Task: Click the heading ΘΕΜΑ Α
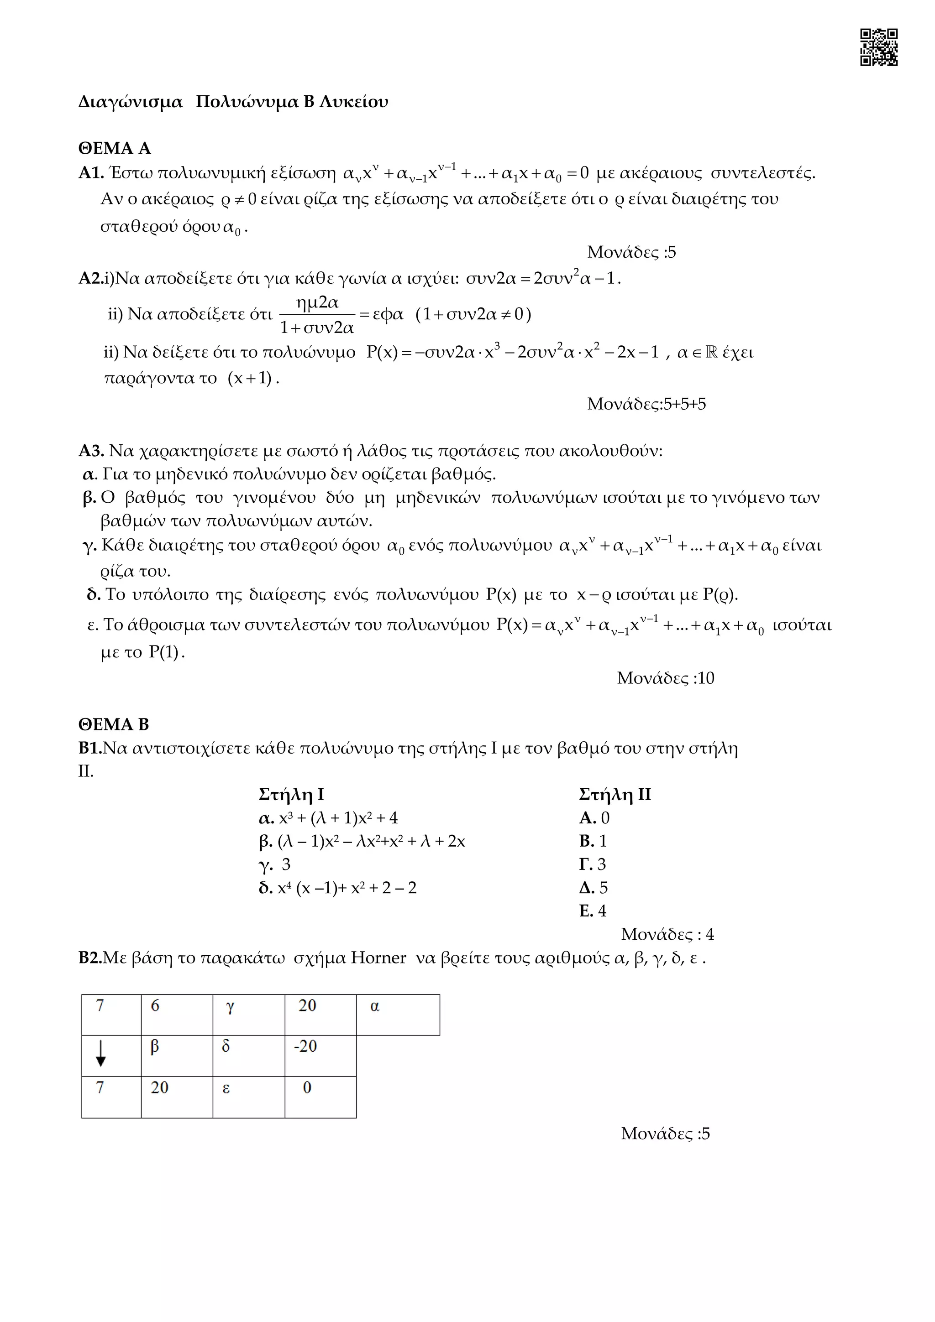pyautogui.click(x=115, y=149)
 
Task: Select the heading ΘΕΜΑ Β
pyautogui.click(x=114, y=724)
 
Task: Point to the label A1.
pyautogui.click(x=91, y=173)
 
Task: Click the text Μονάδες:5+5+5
pyautogui.click(x=646, y=404)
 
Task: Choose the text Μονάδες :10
pyautogui.click(x=665, y=678)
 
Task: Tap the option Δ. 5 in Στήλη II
pyautogui.click(x=594, y=887)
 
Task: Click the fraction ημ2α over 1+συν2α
pyautogui.click(x=317, y=314)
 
